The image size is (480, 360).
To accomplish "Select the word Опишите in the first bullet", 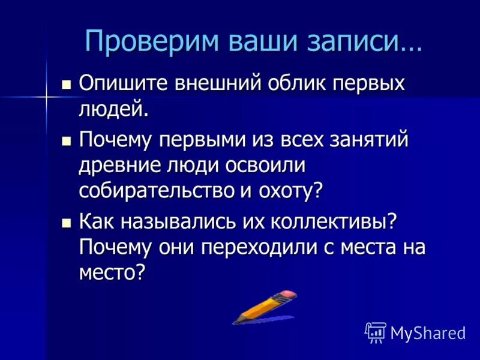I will [122, 83].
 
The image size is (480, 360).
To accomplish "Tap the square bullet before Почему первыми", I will [67, 141].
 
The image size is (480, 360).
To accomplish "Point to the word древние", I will [113, 165].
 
